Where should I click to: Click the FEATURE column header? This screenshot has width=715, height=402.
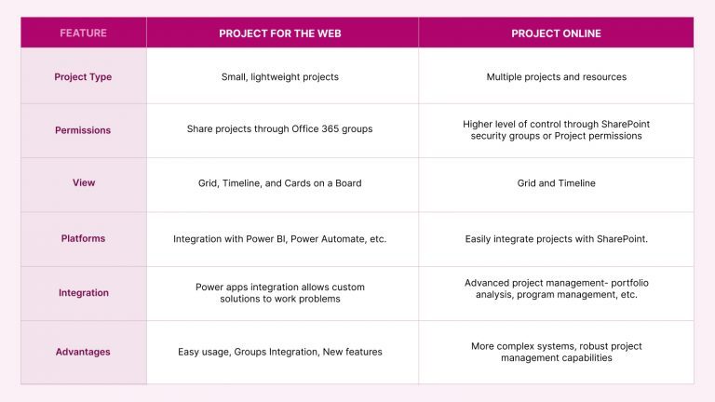point(83,33)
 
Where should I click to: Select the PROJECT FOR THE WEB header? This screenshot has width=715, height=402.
point(282,33)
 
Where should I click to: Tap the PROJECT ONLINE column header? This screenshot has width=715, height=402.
point(556,33)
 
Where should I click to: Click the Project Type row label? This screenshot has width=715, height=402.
point(83,76)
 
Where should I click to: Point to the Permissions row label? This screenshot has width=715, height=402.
point(83,130)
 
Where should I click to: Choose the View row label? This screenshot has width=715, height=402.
point(83,183)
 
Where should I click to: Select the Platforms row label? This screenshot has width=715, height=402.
point(83,238)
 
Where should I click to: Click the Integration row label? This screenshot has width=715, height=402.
point(83,292)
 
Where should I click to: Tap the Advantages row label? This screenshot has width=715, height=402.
point(83,352)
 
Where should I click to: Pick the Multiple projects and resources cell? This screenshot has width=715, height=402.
point(556,76)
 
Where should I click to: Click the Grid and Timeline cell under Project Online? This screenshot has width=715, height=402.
point(556,183)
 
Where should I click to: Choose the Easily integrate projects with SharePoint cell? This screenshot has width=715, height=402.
point(556,239)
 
